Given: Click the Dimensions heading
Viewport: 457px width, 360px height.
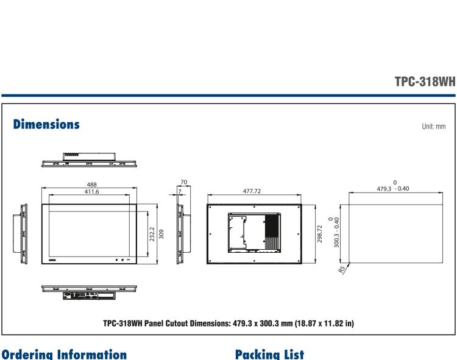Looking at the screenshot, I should point(46,124).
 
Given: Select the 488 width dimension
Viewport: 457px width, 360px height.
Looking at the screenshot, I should point(92,184).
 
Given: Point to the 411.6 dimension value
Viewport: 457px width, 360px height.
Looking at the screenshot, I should point(91,191).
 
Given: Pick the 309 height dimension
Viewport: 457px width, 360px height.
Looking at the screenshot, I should point(161,234).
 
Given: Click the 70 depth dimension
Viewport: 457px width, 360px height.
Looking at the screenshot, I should point(184,182).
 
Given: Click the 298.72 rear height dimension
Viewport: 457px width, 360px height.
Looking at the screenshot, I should point(320,234).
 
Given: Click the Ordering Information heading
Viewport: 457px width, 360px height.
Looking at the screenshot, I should point(63,353).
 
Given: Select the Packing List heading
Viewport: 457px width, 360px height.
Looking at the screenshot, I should point(270,353).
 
